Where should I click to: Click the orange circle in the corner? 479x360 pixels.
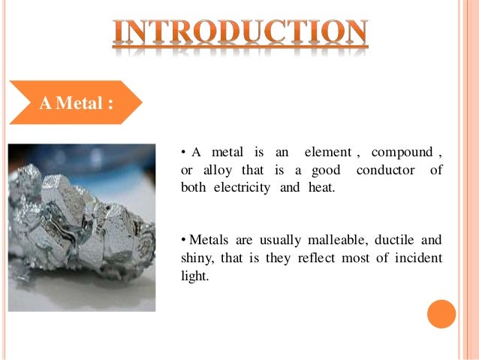click(x=441, y=313)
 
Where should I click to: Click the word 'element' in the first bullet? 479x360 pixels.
click(x=327, y=153)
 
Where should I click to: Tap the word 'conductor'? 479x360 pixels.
click(x=385, y=171)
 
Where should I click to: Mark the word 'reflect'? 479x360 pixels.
click(x=321, y=259)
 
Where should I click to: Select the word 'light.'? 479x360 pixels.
click(x=194, y=276)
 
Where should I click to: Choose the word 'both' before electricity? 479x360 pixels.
click(x=194, y=187)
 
